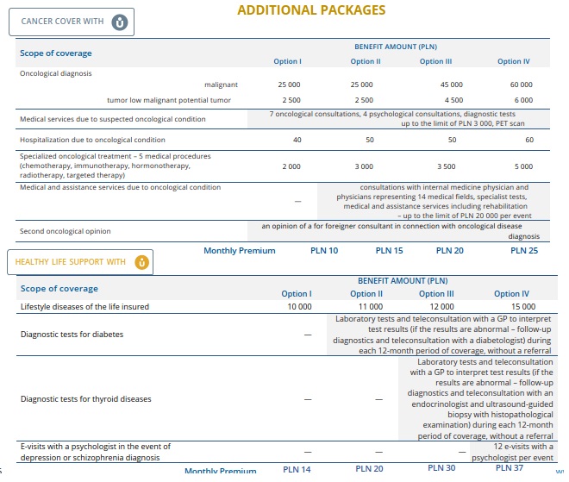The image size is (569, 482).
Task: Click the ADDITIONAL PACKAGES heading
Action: pos(311,10)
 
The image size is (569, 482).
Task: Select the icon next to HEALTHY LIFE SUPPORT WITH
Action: pos(141,262)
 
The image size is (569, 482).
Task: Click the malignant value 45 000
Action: pos(451,85)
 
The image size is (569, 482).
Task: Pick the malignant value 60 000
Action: pos(521,85)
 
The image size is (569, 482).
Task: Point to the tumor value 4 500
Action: pos(451,100)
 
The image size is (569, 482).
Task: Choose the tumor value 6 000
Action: pos(523,100)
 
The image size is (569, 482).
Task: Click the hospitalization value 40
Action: pos(297,140)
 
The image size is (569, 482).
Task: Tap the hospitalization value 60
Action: pos(529,140)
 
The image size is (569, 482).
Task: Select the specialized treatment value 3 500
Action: pos(447,166)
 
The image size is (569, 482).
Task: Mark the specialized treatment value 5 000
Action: pos(523,166)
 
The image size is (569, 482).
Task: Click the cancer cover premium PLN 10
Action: pos(324,251)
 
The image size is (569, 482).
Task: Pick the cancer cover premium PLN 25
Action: pos(524,251)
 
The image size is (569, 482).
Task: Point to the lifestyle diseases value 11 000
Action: pos(369,307)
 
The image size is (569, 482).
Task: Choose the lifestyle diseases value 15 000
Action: pos(522,307)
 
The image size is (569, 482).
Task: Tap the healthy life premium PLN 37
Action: pos(510,468)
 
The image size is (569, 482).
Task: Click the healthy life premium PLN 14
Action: pos(297,469)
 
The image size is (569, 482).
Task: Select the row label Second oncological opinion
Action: pos(66,231)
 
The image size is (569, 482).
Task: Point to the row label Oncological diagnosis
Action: pos(55,73)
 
